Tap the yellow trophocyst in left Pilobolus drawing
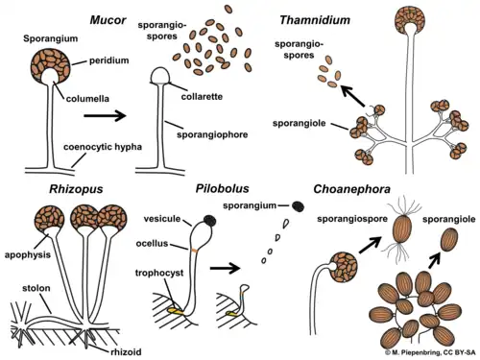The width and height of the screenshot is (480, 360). click(179, 309)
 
